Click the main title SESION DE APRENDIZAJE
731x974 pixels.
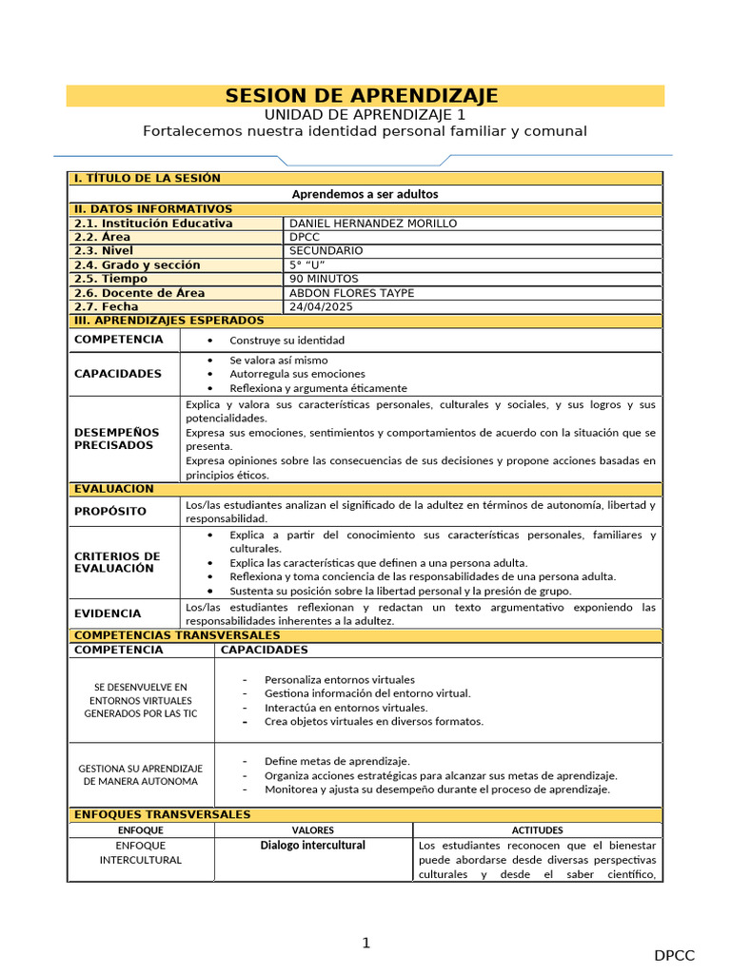tap(362, 96)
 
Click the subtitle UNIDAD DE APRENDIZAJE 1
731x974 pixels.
tap(365, 114)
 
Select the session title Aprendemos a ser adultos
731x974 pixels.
tap(365, 194)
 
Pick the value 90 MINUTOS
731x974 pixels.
tap(324, 279)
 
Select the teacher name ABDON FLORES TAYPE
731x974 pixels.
tap(351, 293)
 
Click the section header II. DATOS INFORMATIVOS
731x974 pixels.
tap(152, 209)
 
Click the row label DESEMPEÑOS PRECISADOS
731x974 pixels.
tap(117, 438)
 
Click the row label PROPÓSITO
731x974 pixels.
tap(110, 512)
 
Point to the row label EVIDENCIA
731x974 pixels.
tap(108, 614)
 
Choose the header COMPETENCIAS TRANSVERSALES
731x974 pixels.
tap(176, 635)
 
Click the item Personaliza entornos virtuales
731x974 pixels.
tap(339, 680)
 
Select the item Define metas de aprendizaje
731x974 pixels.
tap(337, 761)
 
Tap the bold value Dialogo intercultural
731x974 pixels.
tap(313, 846)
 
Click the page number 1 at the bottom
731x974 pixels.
tap(365, 943)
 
